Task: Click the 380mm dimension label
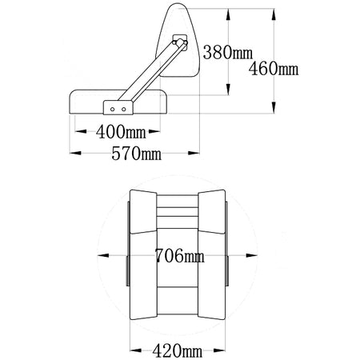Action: (227, 52)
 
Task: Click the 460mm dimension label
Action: (274, 69)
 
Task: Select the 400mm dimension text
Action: (121, 132)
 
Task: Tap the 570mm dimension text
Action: (136, 154)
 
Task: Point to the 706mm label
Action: (179, 255)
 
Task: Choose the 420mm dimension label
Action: (178, 350)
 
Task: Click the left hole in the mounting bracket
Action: (113, 110)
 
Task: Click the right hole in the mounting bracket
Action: (123, 110)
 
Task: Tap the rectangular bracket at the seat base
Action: (118, 108)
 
